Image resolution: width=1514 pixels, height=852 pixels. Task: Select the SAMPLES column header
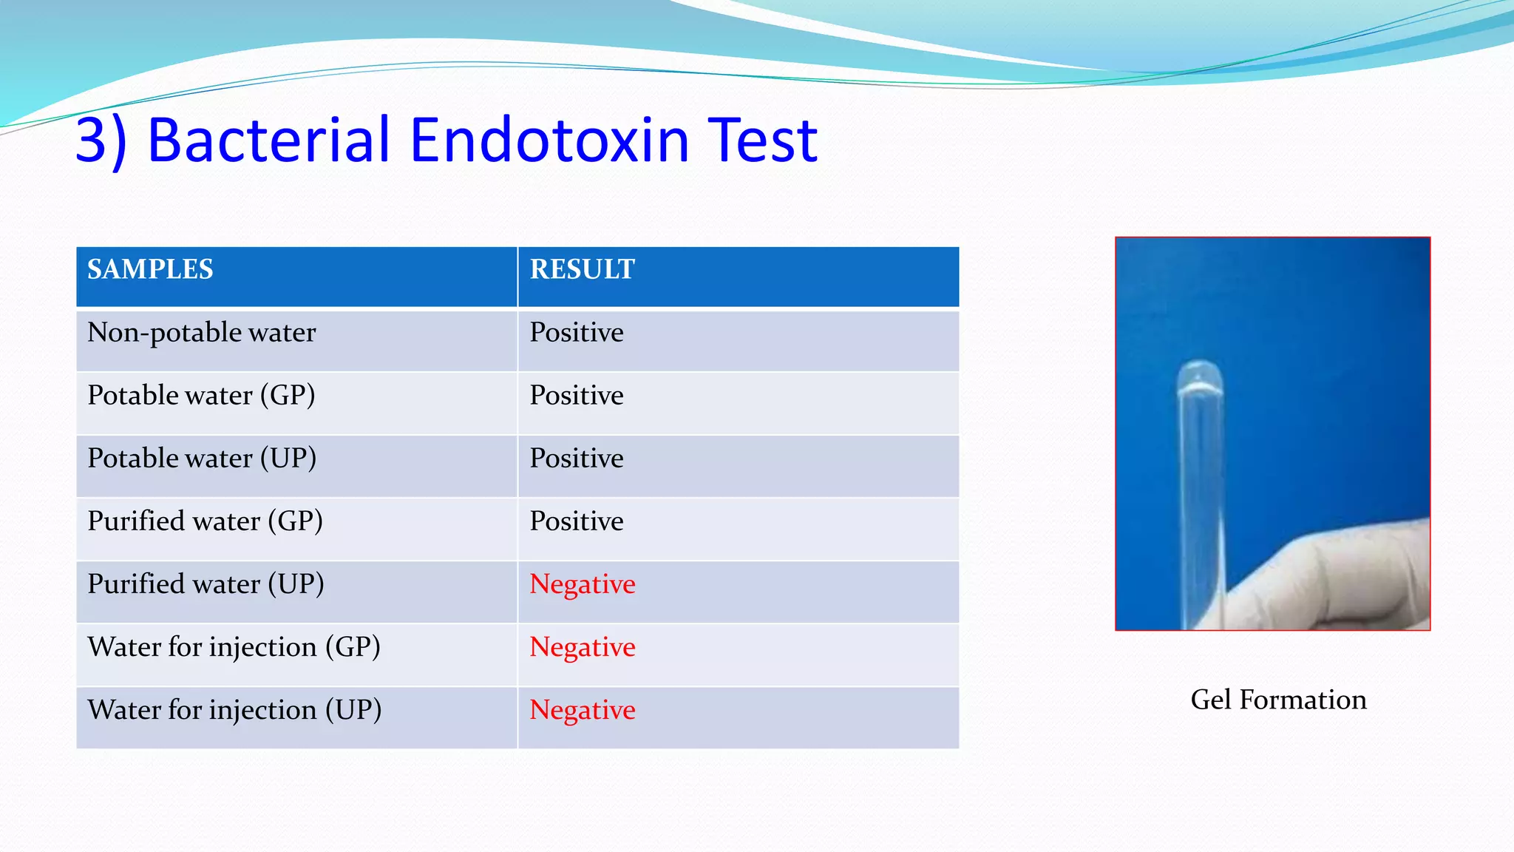click(150, 269)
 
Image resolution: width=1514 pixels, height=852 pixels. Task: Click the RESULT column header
click(583, 269)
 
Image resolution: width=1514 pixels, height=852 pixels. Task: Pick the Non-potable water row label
click(201, 333)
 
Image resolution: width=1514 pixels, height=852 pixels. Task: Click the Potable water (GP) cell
click(201, 396)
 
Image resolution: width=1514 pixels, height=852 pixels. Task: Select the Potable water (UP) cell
click(202, 459)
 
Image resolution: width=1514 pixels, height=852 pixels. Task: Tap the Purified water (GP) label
click(205, 521)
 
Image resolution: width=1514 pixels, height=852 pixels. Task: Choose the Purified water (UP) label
click(206, 584)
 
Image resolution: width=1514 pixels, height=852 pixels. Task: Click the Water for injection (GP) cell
click(234, 647)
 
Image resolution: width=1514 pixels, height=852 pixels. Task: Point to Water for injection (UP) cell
click(234, 710)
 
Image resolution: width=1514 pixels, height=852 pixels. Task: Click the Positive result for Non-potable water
click(577, 333)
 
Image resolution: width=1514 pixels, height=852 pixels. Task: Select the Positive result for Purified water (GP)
click(577, 521)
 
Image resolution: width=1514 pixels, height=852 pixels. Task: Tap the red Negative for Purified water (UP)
click(583, 584)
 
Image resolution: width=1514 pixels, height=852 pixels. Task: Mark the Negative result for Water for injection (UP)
click(583, 710)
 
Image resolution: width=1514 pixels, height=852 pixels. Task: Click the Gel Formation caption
click(1278, 700)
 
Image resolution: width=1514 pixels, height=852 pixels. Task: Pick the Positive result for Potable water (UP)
click(577, 459)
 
